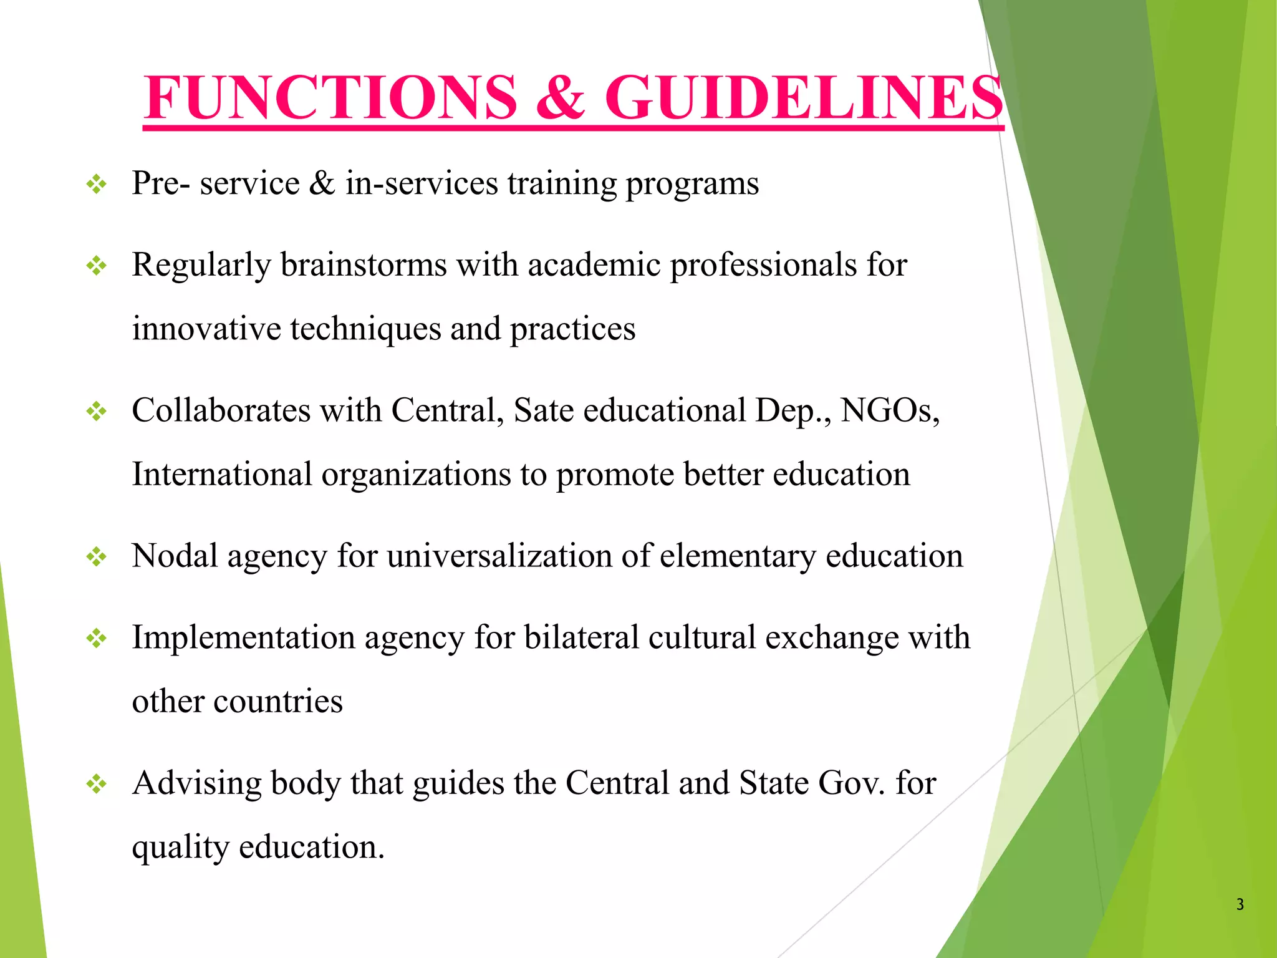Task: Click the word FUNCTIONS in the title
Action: point(330,98)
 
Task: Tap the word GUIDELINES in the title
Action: point(804,98)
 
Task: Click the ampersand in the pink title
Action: point(561,98)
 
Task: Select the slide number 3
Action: point(1240,904)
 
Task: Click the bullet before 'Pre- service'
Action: point(97,184)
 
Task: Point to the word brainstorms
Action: point(364,265)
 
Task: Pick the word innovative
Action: point(206,329)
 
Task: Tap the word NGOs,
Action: point(890,411)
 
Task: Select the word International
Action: point(222,475)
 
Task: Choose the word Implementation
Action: point(243,638)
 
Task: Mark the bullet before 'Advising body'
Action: point(97,784)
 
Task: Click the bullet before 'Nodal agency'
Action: point(97,557)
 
